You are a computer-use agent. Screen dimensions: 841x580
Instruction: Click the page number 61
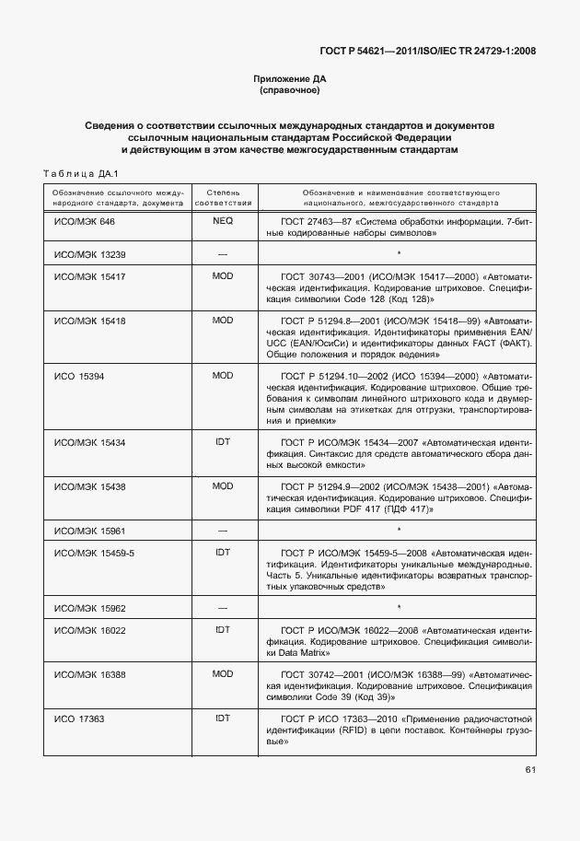point(531,769)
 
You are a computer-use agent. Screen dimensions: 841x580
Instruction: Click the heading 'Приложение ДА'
point(290,79)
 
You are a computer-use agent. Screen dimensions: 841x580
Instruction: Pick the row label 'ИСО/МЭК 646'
point(85,222)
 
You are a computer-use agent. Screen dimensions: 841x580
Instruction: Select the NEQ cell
point(223,222)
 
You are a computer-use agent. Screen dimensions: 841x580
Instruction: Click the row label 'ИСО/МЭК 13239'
point(89,253)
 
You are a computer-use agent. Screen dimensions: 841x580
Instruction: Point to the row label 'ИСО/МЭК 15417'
point(89,276)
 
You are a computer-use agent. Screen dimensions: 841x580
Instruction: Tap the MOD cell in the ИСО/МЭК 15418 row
point(223,320)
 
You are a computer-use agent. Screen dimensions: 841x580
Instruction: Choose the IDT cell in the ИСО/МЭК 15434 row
point(223,442)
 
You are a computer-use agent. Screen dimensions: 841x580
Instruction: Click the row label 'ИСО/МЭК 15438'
point(89,485)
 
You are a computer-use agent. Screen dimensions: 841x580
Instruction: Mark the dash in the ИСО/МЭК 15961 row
point(223,531)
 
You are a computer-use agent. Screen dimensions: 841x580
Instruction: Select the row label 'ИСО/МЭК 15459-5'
point(94,553)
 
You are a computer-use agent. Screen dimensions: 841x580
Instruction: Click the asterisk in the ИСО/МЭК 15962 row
point(399,608)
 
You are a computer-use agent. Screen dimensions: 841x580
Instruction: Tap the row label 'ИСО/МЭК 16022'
point(89,630)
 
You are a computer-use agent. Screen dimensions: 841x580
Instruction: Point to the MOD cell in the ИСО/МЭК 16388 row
point(223,674)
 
